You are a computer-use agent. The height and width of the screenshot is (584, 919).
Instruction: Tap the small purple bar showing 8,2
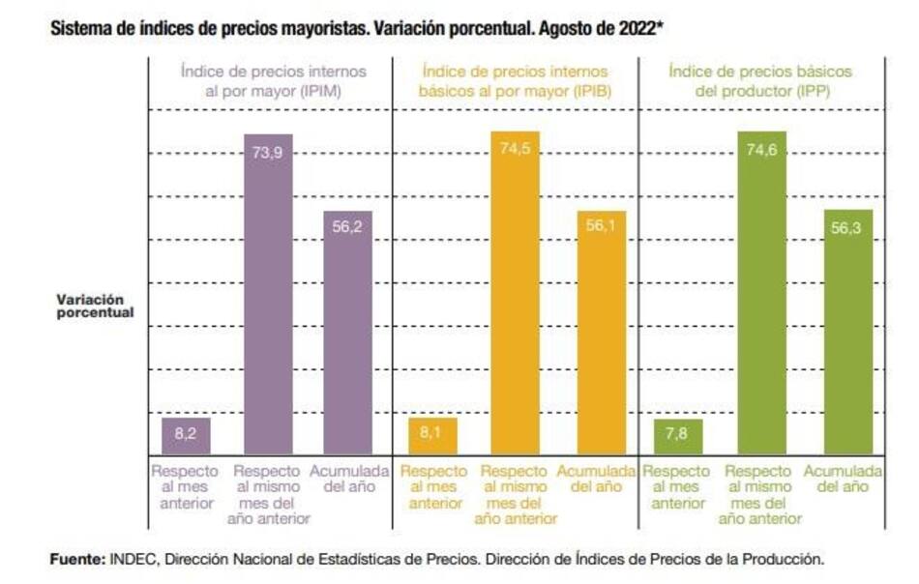(x=187, y=435)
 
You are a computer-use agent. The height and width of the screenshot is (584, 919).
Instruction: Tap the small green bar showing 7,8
(x=677, y=436)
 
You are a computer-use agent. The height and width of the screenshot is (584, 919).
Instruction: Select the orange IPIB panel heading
(x=514, y=80)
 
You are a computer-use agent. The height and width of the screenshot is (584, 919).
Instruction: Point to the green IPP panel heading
(x=760, y=80)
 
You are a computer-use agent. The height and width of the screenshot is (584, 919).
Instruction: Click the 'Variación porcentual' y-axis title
(x=94, y=306)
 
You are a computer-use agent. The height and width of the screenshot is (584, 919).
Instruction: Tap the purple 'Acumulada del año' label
(x=348, y=479)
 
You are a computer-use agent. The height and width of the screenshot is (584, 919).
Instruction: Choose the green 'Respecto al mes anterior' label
(x=678, y=486)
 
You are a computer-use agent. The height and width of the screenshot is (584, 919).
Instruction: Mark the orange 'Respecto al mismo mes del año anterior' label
(x=515, y=494)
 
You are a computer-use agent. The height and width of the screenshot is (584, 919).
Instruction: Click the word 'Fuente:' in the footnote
(x=76, y=558)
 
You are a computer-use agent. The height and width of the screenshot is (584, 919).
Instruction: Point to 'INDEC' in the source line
(x=129, y=558)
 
